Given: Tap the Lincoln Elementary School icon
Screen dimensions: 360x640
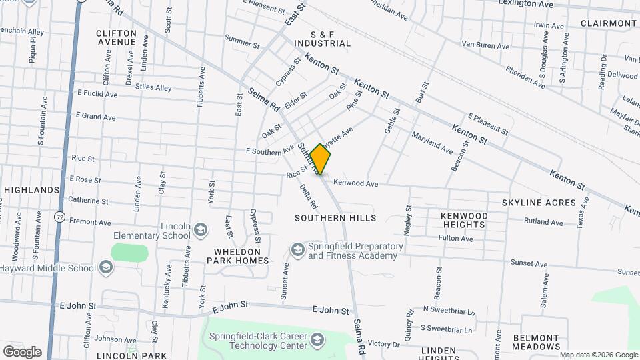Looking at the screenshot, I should click(199, 231).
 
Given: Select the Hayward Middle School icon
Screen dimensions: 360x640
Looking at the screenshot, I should click(105, 268).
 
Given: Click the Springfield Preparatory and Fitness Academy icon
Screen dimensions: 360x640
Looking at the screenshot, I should click(297, 251).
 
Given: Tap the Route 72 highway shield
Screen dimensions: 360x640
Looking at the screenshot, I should click(59, 217).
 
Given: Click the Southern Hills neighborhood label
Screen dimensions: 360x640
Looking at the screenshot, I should click(335, 218).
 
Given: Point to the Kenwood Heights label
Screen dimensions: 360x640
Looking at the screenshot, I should click(464, 221).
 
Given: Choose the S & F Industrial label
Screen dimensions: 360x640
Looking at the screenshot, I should click(321, 39).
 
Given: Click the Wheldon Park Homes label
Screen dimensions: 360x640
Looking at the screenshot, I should click(231, 256).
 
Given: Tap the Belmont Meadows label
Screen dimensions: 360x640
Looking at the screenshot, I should click(536, 342).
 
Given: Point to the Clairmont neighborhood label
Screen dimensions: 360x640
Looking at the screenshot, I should click(608, 23).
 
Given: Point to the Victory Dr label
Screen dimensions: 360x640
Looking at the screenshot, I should click(383, 344).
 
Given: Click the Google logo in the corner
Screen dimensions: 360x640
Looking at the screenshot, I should click(22, 352).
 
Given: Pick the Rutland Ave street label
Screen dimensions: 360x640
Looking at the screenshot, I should click(543, 221).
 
